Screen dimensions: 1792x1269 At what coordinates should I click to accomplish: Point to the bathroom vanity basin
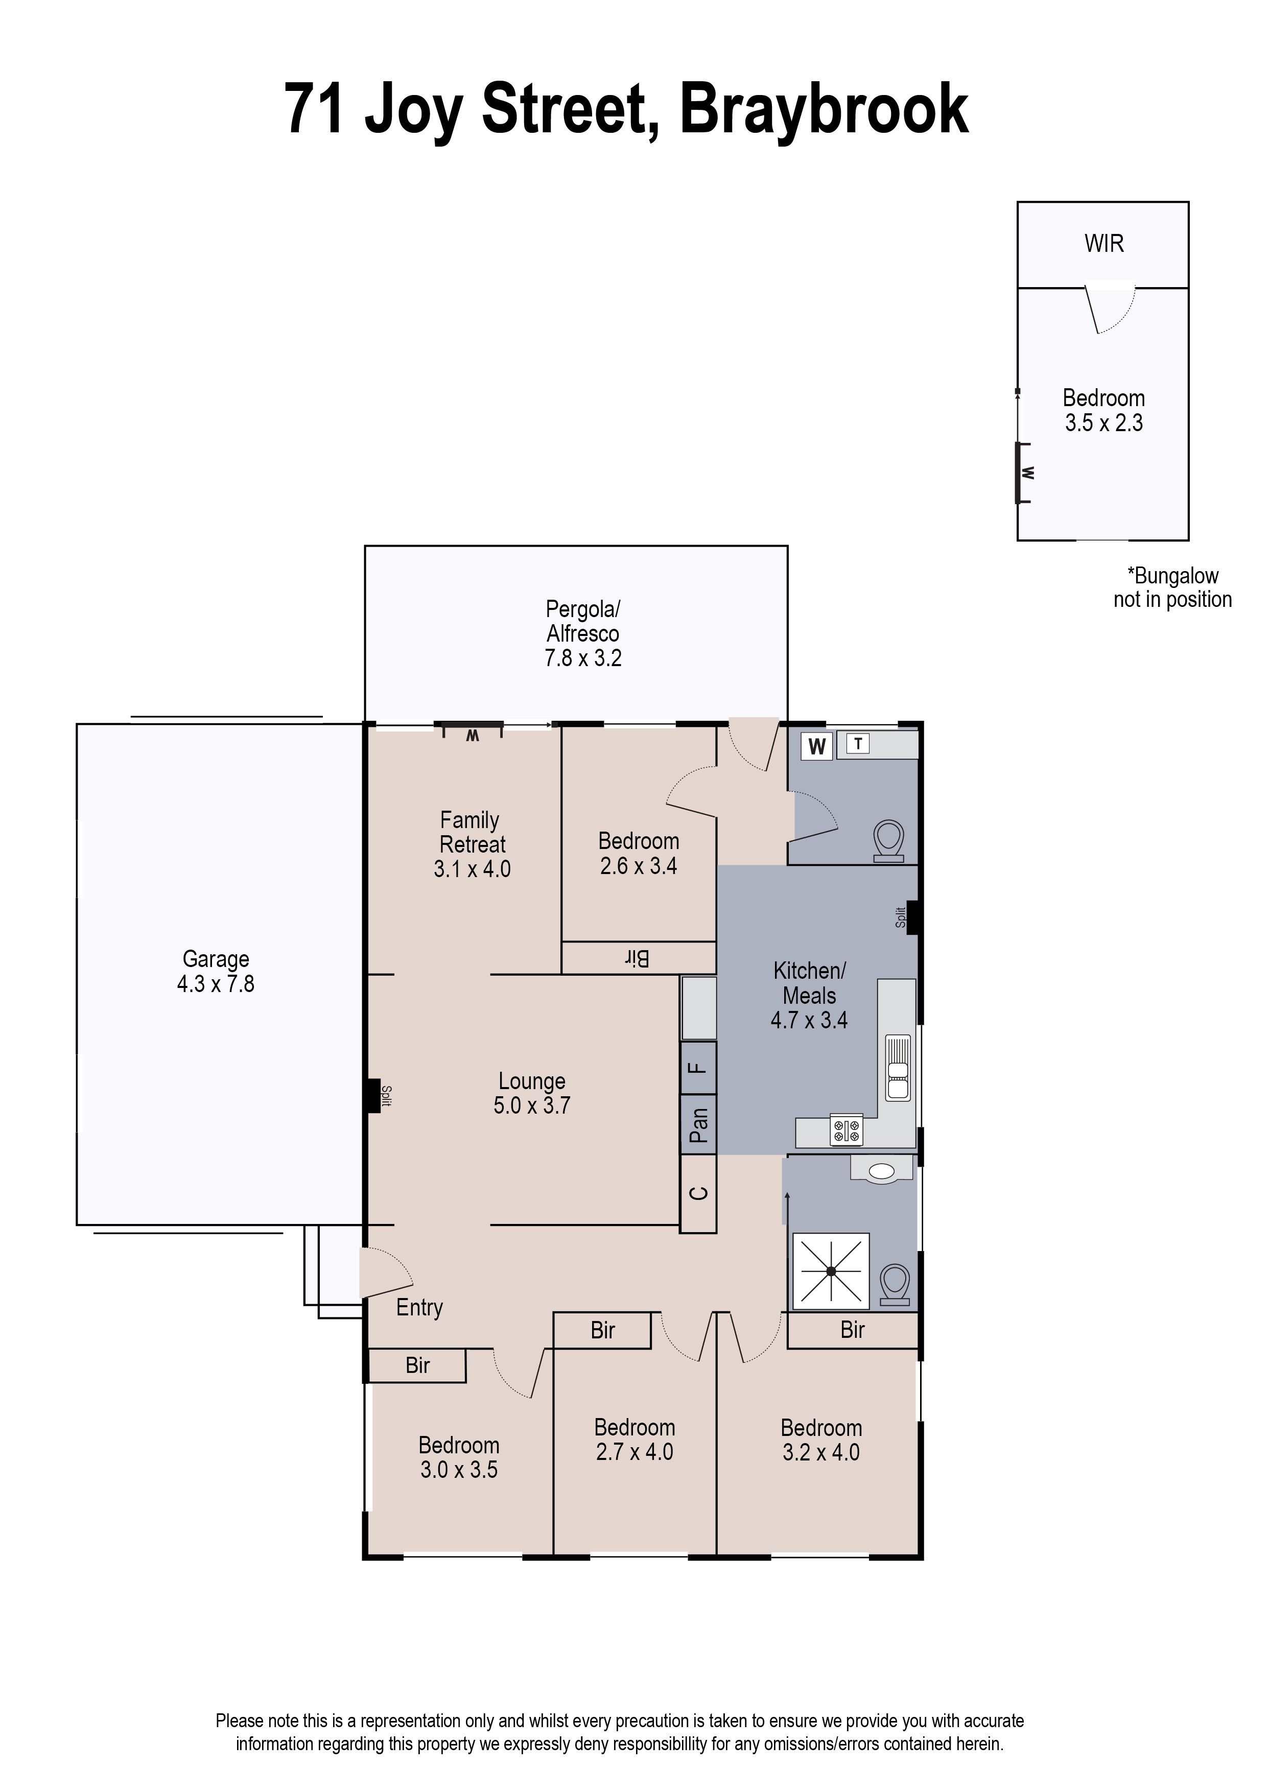[881, 1171]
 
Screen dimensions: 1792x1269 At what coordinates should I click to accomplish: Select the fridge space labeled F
[698, 1068]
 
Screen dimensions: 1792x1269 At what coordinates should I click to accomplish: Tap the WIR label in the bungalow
[1103, 244]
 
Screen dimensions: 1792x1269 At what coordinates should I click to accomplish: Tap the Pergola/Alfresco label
[583, 621]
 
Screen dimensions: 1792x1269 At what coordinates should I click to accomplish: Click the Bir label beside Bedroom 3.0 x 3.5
[417, 1365]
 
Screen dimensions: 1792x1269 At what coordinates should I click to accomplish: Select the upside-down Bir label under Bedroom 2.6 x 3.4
[638, 958]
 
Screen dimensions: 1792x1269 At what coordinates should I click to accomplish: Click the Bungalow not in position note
[1172, 587]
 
